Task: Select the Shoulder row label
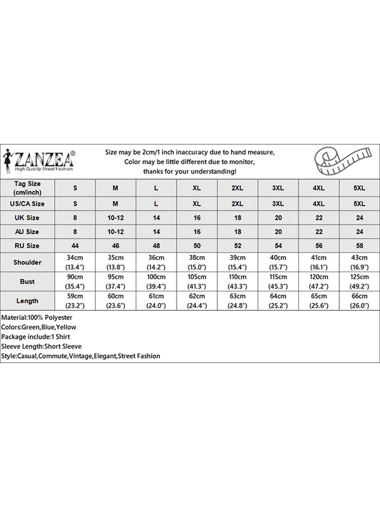coord(27,262)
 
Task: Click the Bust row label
coord(27,281)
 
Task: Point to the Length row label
coord(27,301)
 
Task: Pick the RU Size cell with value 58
coord(359,245)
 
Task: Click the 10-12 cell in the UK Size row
coord(116,218)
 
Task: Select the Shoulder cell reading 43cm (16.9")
coord(359,262)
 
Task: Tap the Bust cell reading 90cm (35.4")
coord(75,281)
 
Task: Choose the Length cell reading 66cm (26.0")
coord(359,301)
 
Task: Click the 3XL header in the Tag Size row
coord(278,188)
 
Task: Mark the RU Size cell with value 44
coord(75,245)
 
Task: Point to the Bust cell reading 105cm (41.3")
coord(197,281)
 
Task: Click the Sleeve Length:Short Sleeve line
coord(42,346)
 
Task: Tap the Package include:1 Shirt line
coord(35,337)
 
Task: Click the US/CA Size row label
coord(27,204)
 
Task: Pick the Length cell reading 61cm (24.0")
coord(156,301)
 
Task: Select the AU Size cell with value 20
coord(278,232)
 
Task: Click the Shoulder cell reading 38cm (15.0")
coord(197,262)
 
